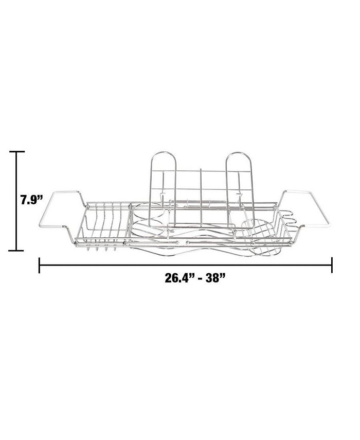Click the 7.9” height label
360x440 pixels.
pos(31,200)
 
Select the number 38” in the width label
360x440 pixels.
pos(216,278)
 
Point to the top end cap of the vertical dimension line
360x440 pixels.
pos(16,151)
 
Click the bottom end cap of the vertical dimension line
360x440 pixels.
pos(16,250)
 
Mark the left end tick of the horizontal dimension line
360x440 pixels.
pos(39,265)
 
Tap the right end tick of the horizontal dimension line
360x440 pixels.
pos(332,265)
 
